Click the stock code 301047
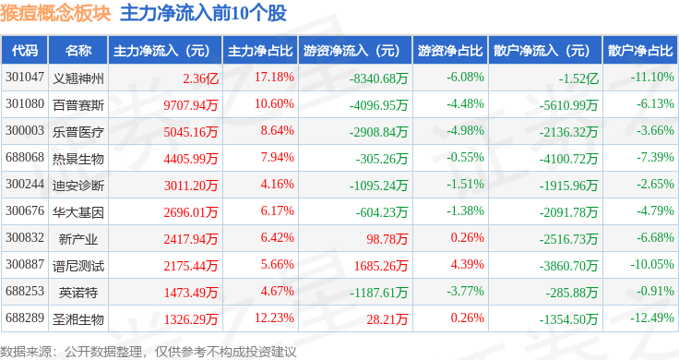25,78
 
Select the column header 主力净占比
260,51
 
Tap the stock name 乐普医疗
78,132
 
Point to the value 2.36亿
200,78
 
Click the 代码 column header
25,51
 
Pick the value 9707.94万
191,105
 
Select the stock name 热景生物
78,159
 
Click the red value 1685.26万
381,266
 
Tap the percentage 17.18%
274,78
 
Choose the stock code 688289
25,318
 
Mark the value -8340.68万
379,78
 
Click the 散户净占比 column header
640,51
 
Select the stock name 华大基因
78,212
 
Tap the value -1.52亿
578,78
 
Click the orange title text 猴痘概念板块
56,13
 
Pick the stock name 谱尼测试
78,266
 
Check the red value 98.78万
387,239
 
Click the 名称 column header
78,51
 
